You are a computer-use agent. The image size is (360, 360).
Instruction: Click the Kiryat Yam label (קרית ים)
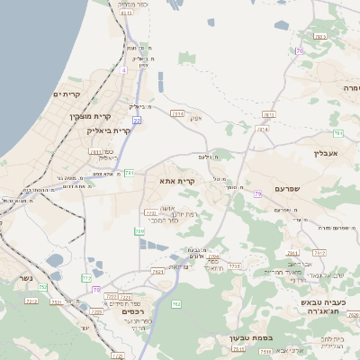[x=67, y=94]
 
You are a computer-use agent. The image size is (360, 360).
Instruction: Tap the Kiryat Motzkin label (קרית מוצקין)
[x=89, y=116]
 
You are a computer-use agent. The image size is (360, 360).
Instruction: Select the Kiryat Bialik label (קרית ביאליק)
[x=109, y=130]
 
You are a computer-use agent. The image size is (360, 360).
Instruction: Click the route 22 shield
[x=137, y=119]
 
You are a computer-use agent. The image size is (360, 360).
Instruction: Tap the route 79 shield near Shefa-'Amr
[x=258, y=193]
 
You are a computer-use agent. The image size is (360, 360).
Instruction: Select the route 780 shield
[x=139, y=231]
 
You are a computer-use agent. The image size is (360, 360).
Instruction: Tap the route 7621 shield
[x=158, y=270]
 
